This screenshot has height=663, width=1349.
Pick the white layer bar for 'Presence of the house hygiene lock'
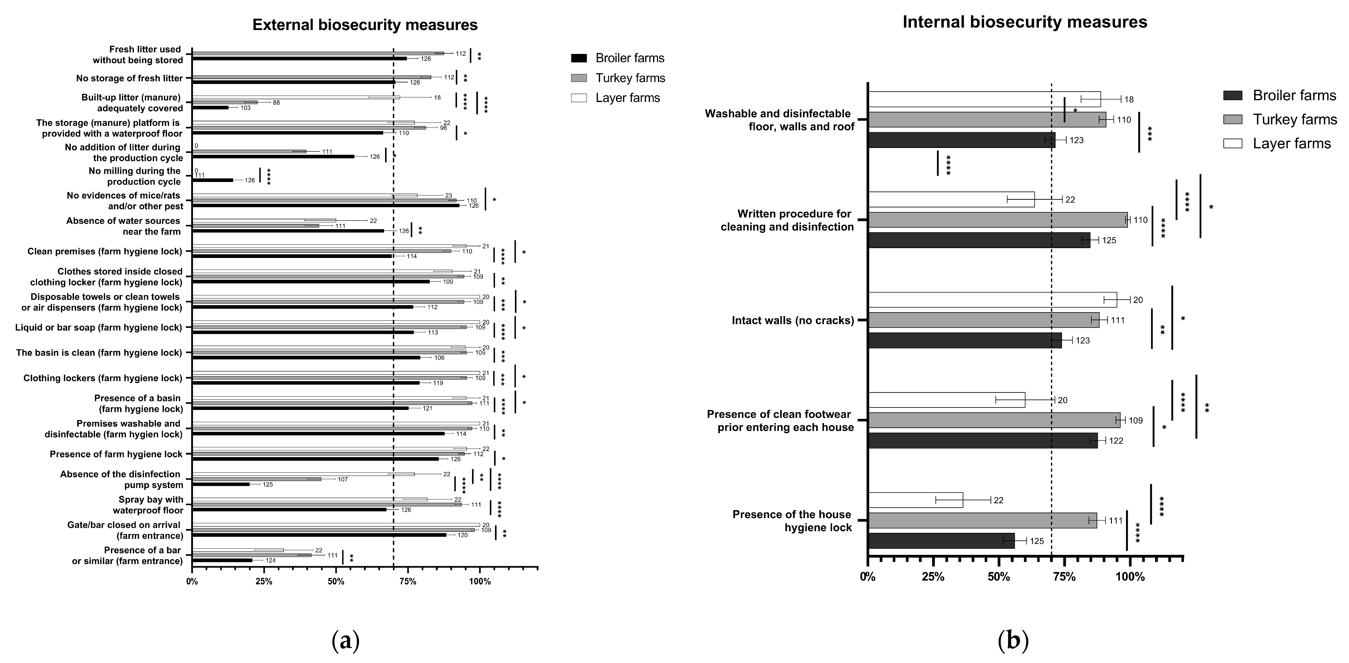915,500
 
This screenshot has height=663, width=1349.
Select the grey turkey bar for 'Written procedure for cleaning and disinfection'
998,220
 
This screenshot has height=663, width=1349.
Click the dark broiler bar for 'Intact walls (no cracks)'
965,340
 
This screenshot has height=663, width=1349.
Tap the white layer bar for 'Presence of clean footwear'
946,400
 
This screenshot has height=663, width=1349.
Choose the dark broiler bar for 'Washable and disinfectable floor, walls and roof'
962,140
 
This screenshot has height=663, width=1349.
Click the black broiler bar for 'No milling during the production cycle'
213,180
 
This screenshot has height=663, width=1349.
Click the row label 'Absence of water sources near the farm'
123,226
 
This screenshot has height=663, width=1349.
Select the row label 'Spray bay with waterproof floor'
148,505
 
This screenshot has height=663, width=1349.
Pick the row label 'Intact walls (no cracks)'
792,320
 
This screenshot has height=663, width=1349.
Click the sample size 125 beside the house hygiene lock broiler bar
1037,541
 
